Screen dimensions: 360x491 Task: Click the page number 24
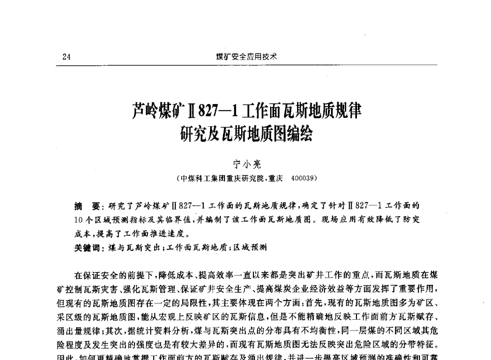point(67,56)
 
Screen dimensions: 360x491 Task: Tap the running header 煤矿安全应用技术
point(246,56)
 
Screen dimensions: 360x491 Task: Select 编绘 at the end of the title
point(300,134)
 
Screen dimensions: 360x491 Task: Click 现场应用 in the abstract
point(338,219)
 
